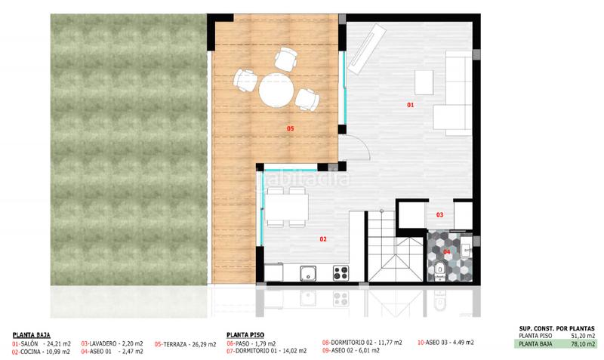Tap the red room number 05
[290, 129]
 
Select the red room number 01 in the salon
[411, 105]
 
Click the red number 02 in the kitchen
[322, 239]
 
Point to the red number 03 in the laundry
[440, 215]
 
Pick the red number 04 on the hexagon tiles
[446, 251]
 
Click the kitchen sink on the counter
[307, 273]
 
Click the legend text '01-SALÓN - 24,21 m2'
[42, 343]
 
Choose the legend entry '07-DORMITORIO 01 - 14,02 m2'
[267, 351]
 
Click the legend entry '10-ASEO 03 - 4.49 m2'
[445, 343]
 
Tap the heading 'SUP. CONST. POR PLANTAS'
[557, 328]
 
